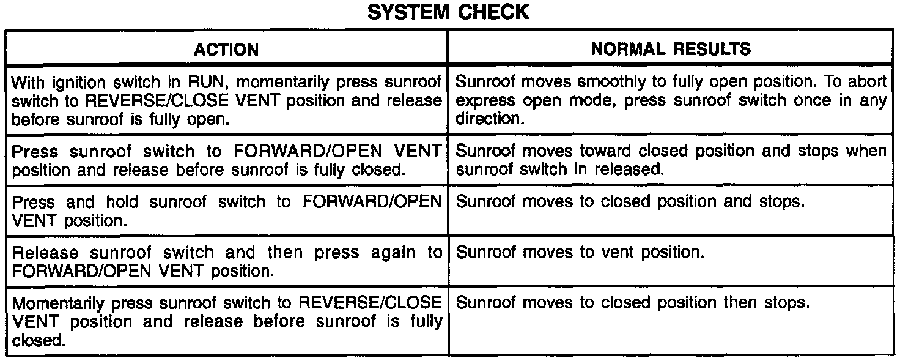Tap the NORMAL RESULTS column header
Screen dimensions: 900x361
pyautogui.click(x=671, y=49)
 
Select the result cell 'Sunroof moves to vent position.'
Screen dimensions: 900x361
pyautogui.click(x=581, y=253)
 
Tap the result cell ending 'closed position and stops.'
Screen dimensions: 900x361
pyautogui.click(x=629, y=203)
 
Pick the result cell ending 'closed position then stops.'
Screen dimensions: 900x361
pyautogui.click(x=633, y=303)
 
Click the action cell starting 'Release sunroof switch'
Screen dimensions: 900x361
pyautogui.click(x=227, y=261)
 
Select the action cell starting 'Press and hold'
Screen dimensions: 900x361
pyautogui.click(x=227, y=211)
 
